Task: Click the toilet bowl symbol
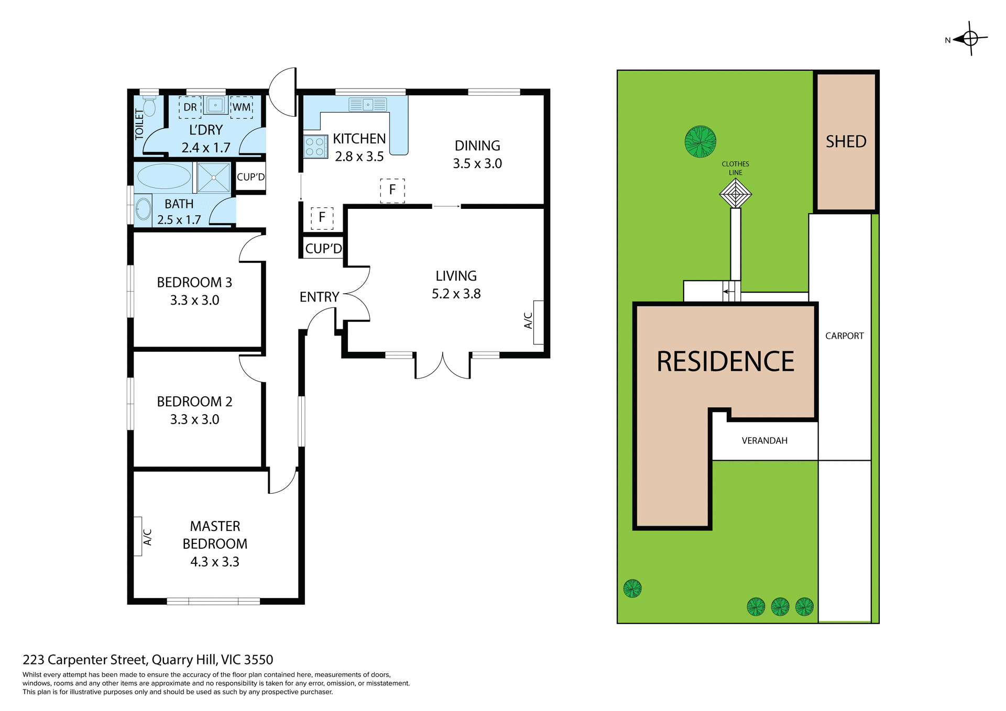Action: [x=149, y=107]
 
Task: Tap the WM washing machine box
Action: [x=242, y=107]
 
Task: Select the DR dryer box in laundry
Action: [x=190, y=107]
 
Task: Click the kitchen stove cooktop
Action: [x=315, y=147]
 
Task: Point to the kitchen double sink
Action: [x=368, y=105]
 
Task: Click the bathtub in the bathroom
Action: [x=164, y=176]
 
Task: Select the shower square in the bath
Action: [x=214, y=177]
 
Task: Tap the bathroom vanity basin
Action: [x=143, y=209]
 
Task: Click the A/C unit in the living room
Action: [x=538, y=322]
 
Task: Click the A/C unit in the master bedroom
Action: [x=138, y=536]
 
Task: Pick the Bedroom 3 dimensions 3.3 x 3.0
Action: [x=194, y=300]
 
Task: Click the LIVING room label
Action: [x=456, y=276]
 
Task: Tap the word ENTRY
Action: [x=319, y=297]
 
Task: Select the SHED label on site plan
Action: [x=846, y=141]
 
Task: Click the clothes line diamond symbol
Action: [x=735, y=194]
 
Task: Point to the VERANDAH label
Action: [x=764, y=440]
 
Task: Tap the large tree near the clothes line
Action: [x=700, y=141]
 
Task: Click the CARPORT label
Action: [x=844, y=336]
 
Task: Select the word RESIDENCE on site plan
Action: [x=725, y=361]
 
